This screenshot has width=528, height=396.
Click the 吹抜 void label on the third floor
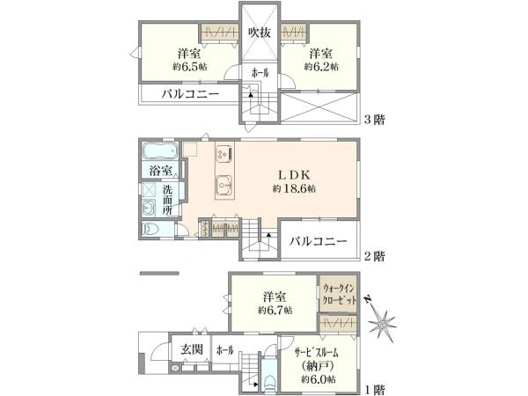260,33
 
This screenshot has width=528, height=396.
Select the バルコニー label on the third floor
189,95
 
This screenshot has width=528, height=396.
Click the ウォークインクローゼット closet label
340,294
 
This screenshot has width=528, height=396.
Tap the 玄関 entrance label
193,349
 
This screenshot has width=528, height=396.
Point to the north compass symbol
384,322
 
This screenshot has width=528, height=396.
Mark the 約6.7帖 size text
275,311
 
